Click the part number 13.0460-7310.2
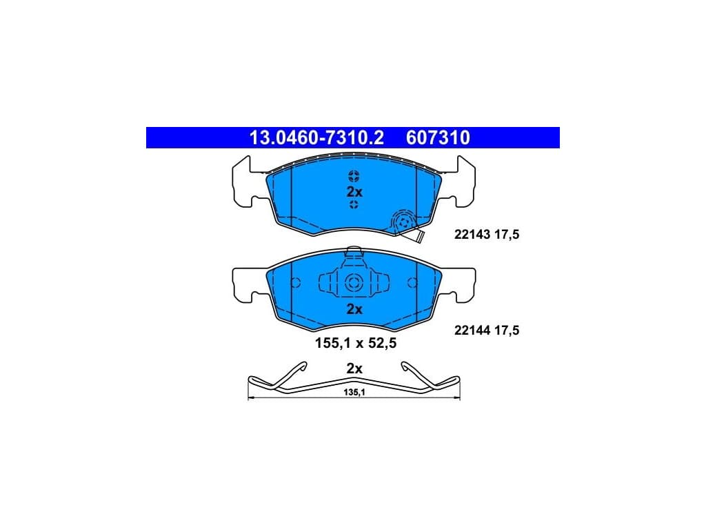tap(316, 138)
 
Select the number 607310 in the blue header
tap(438, 138)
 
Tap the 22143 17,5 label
tap(487, 235)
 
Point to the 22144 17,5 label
tap(487, 331)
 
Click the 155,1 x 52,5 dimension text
tap(356, 344)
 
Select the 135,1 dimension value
tap(354, 393)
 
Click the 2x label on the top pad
tap(354, 192)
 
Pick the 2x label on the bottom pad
tap(354, 309)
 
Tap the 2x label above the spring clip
tap(354, 369)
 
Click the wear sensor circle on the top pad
tap(403, 222)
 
